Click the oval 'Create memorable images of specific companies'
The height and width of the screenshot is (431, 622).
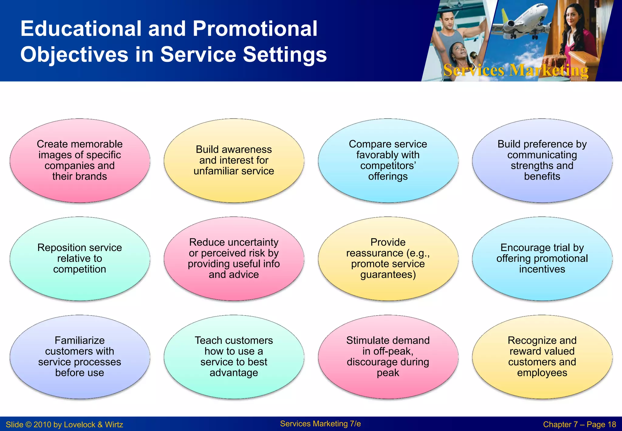point(80,160)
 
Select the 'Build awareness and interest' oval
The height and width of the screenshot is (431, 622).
point(234,160)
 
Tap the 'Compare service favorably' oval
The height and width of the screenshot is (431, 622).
point(388,160)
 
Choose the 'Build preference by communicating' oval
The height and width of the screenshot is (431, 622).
point(542,160)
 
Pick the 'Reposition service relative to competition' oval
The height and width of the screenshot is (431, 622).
point(80,258)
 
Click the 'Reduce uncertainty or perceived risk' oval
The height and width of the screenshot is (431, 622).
point(234,258)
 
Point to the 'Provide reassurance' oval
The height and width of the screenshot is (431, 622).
point(388,258)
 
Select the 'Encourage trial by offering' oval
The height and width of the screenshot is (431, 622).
point(542,258)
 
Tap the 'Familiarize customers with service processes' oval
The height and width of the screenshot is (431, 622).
point(80,357)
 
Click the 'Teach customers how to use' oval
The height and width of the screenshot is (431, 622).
point(234,357)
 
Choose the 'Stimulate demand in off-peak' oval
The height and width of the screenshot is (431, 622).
point(388,357)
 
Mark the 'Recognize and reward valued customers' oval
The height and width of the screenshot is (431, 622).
point(542,357)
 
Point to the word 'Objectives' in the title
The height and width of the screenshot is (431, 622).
point(74,55)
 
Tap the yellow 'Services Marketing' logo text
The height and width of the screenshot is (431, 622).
point(516,70)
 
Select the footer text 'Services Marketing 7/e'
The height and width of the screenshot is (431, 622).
point(320,424)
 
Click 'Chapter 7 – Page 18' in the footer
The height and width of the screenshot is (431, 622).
point(579,425)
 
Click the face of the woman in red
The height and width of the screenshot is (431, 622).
point(572,17)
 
